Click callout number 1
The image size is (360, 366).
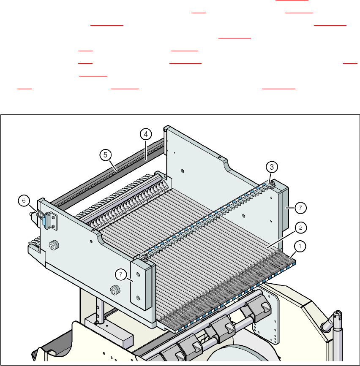[301, 245]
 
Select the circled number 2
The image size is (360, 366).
[300, 227]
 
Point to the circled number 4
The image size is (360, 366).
[145, 135]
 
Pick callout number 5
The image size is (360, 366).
[106, 155]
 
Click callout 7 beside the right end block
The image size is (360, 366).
[300, 208]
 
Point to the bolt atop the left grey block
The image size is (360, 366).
[145, 256]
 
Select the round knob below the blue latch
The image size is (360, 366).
[54, 245]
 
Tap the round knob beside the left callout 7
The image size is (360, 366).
[114, 290]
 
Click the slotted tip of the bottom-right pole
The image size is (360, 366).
[337, 315]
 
